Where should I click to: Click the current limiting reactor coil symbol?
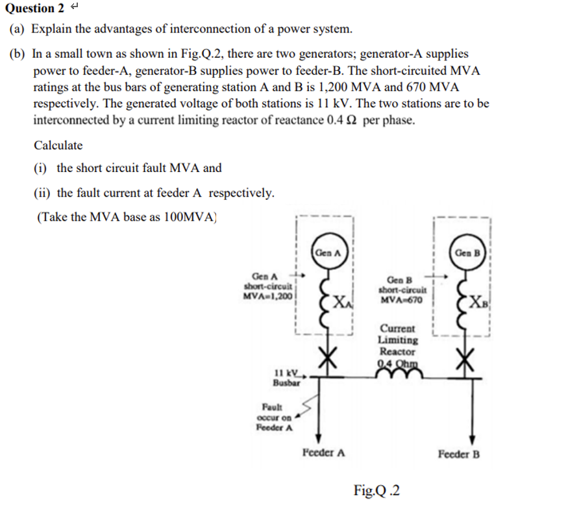click(x=398, y=371)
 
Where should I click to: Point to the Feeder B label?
click(x=459, y=454)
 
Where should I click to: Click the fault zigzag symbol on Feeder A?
click(x=310, y=407)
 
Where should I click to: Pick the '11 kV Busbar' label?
click(x=286, y=378)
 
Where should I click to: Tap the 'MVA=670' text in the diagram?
click(x=401, y=300)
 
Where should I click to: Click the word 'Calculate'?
click(x=58, y=145)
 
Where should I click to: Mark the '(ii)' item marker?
click(x=43, y=193)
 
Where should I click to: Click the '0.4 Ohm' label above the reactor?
click(x=397, y=362)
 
